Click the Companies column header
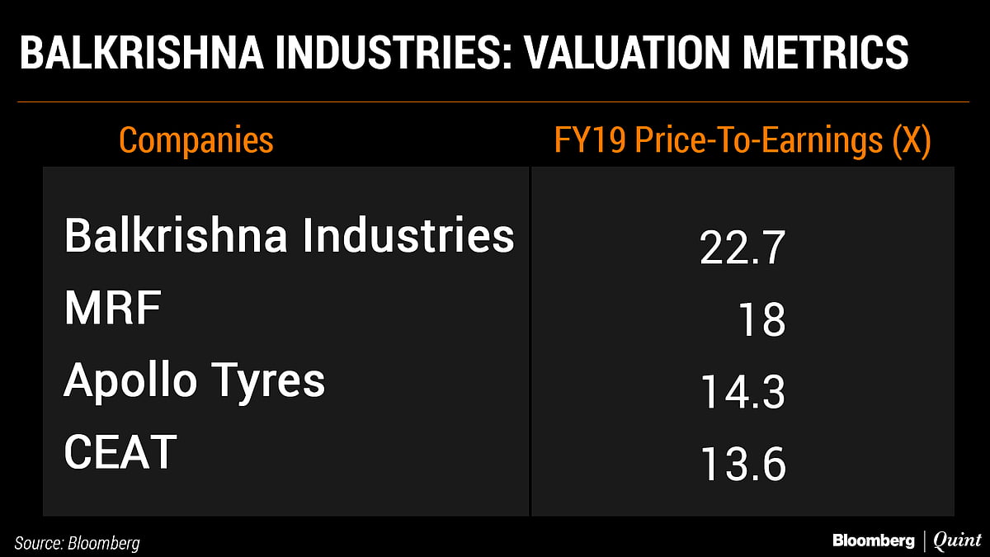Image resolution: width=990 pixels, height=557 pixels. (x=196, y=140)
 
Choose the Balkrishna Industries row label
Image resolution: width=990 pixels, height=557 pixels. (x=289, y=235)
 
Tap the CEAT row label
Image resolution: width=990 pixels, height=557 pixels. (x=120, y=452)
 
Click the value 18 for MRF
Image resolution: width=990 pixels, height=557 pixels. (x=761, y=319)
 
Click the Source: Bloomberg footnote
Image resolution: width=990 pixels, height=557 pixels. (x=77, y=542)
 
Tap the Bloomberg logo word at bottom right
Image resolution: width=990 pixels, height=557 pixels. (x=873, y=541)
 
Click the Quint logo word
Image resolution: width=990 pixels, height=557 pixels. (x=957, y=541)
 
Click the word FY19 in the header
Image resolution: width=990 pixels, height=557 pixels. (x=589, y=141)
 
